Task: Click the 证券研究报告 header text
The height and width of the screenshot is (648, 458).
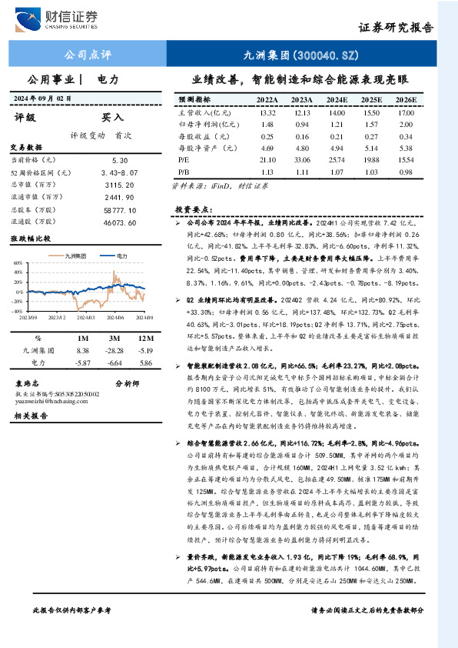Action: coord(396,28)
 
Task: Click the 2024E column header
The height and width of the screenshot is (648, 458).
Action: coord(337,100)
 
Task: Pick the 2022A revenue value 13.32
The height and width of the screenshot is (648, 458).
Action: coord(267,112)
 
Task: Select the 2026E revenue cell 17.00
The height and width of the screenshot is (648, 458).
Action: coord(406,112)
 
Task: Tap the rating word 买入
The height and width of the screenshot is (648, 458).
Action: coord(112,118)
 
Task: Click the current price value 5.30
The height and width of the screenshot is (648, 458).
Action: coord(119,159)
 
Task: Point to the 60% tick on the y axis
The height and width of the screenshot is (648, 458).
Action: coord(18,262)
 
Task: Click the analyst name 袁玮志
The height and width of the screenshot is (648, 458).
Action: coord(27,382)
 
